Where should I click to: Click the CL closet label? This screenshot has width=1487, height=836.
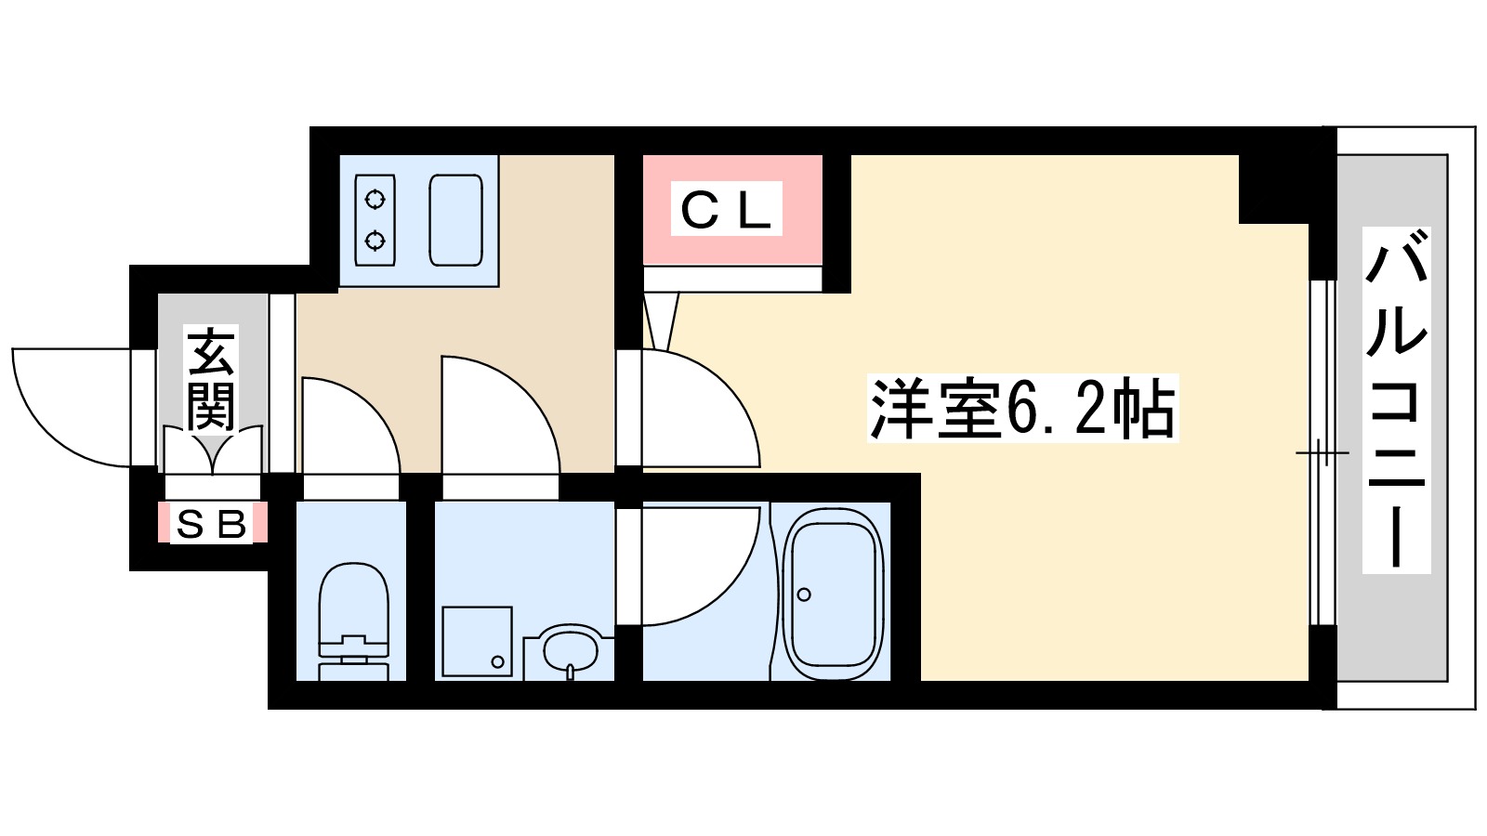(726, 209)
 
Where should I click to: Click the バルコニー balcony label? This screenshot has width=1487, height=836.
(1396, 399)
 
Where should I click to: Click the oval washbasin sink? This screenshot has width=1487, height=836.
(568, 649)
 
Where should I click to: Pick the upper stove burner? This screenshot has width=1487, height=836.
(375, 199)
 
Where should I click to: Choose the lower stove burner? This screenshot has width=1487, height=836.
(375, 242)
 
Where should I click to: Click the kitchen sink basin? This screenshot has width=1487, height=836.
(455, 219)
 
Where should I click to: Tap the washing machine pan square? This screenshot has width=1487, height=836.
(477, 641)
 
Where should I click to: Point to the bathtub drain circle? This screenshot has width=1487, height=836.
(804, 594)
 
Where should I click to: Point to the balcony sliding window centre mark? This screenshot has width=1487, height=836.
(1322, 453)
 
